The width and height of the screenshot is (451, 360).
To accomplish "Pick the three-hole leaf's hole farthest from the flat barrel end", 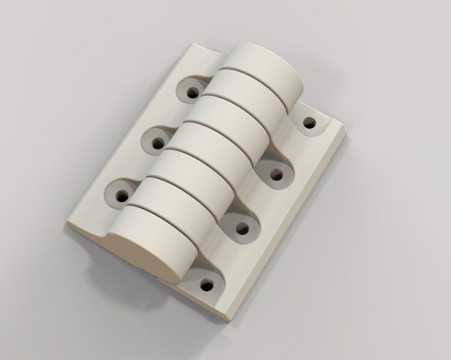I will point(193,93).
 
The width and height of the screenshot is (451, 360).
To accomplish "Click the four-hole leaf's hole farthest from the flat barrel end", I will point(309,123).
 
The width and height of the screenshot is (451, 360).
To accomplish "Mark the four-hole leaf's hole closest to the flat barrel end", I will point(208,283).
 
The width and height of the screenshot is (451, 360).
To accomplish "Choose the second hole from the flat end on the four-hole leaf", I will point(243,227).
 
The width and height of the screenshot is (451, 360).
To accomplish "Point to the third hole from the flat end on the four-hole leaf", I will point(276,175).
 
